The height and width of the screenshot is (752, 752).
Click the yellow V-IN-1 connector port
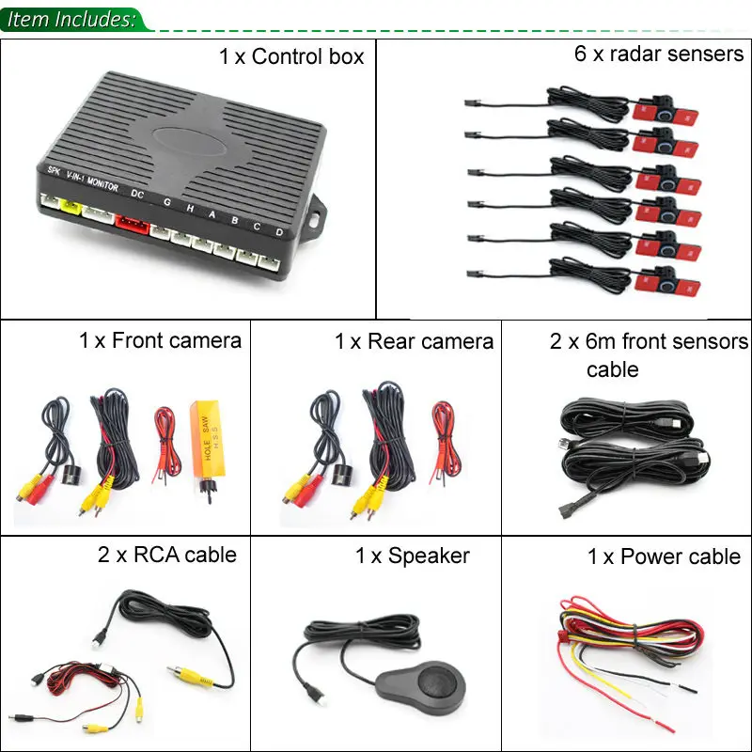pyautogui.click(x=71, y=207)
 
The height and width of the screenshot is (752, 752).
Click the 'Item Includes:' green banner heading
pyautogui.click(x=71, y=19)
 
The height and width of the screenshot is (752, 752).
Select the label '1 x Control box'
pyautogui.click(x=291, y=56)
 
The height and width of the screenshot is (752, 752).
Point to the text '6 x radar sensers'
pyautogui.click(x=659, y=54)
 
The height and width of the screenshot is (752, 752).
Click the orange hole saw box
pyautogui.click(x=208, y=439)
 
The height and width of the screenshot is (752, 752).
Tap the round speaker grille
pyautogui.click(x=435, y=681)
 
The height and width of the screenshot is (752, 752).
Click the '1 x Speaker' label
pyautogui.click(x=413, y=556)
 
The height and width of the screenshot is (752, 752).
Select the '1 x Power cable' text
pyautogui.click(x=664, y=556)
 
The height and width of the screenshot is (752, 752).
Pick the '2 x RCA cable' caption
pyautogui.click(x=167, y=555)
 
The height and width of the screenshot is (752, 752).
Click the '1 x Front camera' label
pyautogui.click(x=160, y=340)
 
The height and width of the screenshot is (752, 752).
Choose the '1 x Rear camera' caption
pyautogui.click(x=414, y=341)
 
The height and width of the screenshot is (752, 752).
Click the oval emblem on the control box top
pyautogui.click(x=190, y=141)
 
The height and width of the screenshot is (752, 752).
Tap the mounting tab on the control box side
pyautogui.click(x=315, y=217)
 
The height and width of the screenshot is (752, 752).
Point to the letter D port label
pyautogui.click(x=279, y=232)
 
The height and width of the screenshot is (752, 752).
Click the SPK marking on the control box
pyautogui.click(x=54, y=170)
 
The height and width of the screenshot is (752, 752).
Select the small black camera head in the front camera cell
pyautogui.click(x=72, y=475)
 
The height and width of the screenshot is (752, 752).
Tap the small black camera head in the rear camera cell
pyautogui.click(x=343, y=475)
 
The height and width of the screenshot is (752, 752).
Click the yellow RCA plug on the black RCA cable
pyautogui.click(x=191, y=674)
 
